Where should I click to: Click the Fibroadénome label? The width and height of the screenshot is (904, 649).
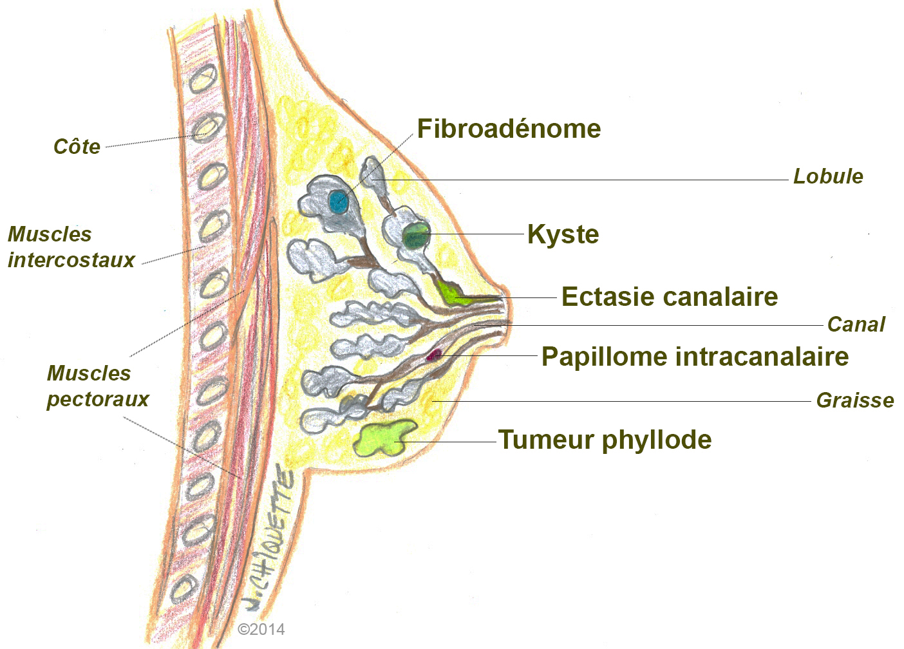pos(509,129)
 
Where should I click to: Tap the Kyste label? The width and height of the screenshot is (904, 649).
pos(563,234)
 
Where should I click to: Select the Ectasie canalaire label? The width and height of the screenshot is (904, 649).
pos(670,297)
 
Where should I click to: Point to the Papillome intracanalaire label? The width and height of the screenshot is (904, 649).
pos(695,357)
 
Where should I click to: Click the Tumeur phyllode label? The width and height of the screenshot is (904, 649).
pos(605,440)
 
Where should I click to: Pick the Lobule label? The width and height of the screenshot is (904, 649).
pos(828,176)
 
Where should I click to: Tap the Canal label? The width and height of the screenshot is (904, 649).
pos(856,324)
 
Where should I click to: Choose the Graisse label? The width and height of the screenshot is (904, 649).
pos(855,400)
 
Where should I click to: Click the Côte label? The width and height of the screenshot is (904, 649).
pos(77,147)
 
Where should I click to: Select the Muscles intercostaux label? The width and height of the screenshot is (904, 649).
pos(71,247)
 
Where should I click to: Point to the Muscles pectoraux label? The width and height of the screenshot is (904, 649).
pos(97,386)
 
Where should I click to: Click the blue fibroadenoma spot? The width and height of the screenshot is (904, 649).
pos(338,202)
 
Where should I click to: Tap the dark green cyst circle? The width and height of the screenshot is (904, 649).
pos(416,236)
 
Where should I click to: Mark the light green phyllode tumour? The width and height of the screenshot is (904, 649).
pos(384,438)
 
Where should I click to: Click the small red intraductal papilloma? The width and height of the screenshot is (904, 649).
pos(435,354)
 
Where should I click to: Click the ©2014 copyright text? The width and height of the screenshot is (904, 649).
pos(261,630)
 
